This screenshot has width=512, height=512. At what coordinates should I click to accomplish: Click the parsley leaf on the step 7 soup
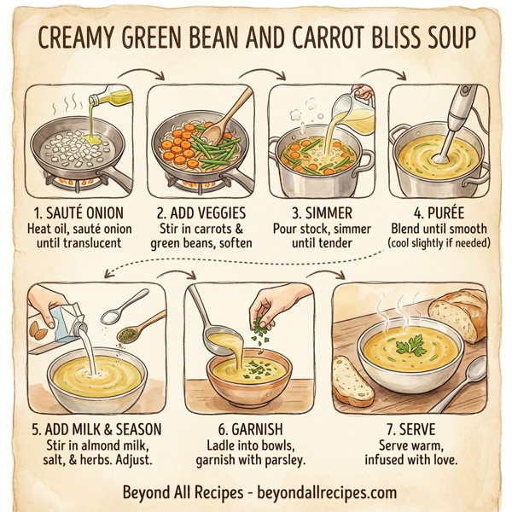pyautogui.click(x=415, y=345)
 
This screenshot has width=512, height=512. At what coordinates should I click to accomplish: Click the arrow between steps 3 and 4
pyautogui.click(x=377, y=74)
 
